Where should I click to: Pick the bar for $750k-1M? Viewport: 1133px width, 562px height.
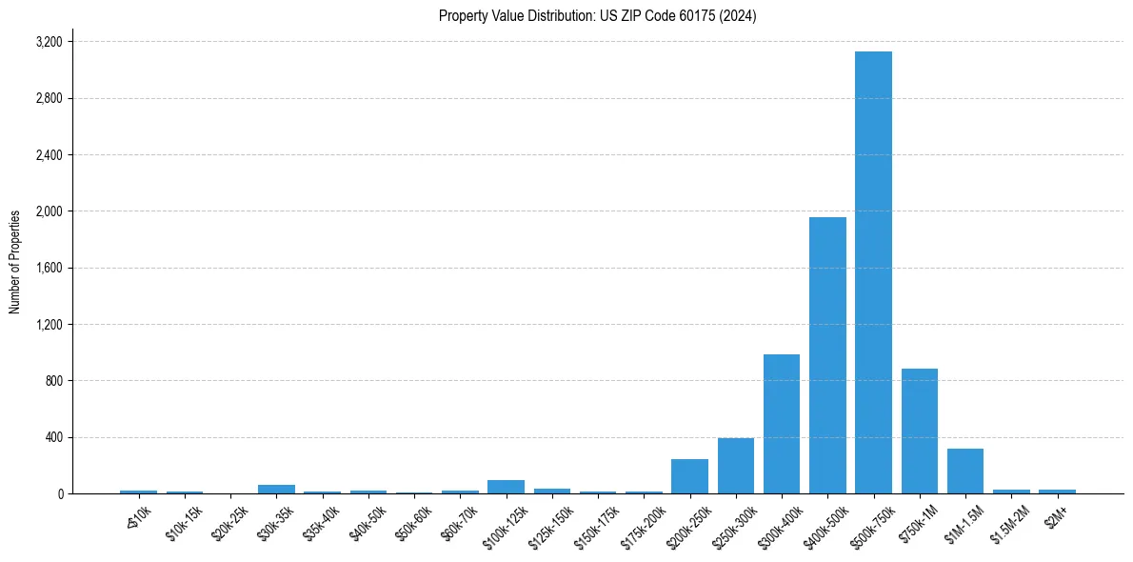(x=920, y=431)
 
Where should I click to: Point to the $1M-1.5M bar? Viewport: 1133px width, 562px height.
(x=965, y=471)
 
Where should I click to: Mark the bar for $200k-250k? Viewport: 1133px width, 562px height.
(x=689, y=476)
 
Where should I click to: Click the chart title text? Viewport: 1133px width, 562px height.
(x=597, y=16)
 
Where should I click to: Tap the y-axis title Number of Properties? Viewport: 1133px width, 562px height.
(x=15, y=262)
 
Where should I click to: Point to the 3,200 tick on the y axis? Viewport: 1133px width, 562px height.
(x=49, y=42)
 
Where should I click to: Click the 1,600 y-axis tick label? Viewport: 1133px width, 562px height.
(x=49, y=268)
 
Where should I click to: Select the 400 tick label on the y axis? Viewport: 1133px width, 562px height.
(x=53, y=437)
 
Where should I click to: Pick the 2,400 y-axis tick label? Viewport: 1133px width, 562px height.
(x=49, y=155)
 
